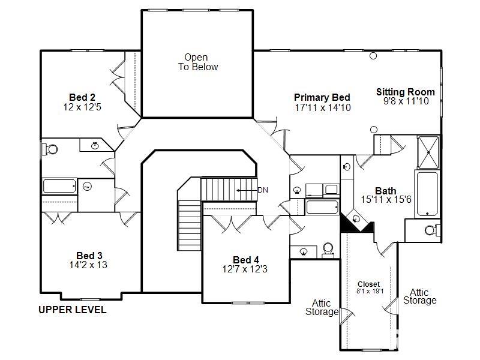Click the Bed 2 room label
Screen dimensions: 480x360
tap(82, 97)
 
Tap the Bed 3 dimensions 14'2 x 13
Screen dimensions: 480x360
tap(88, 265)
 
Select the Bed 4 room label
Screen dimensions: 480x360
tap(246, 260)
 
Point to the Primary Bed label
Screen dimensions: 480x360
tap(322, 97)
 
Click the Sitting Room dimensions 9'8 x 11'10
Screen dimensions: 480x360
tap(406, 101)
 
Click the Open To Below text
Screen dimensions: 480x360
tap(198, 62)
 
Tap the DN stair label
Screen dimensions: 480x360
tap(263, 190)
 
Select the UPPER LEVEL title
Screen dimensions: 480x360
tap(73, 310)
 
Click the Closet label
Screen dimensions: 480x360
tap(368, 284)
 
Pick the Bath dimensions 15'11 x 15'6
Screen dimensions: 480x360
tap(386, 200)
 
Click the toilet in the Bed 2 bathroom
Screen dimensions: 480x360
tap(50, 149)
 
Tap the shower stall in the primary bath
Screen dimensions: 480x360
tap(428, 152)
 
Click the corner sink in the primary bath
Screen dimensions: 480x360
tap(356, 218)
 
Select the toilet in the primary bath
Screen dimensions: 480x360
tap(432, 230)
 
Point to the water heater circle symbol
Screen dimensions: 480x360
tap(87, 186)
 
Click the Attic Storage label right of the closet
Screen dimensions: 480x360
tap(419, 296)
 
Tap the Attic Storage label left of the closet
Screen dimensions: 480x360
tap(322, 307)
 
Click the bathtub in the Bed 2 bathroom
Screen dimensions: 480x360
tap(59, 186)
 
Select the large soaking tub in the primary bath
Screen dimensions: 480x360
tap(427, 194)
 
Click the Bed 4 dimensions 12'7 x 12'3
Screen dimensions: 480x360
tap(245, 269)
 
